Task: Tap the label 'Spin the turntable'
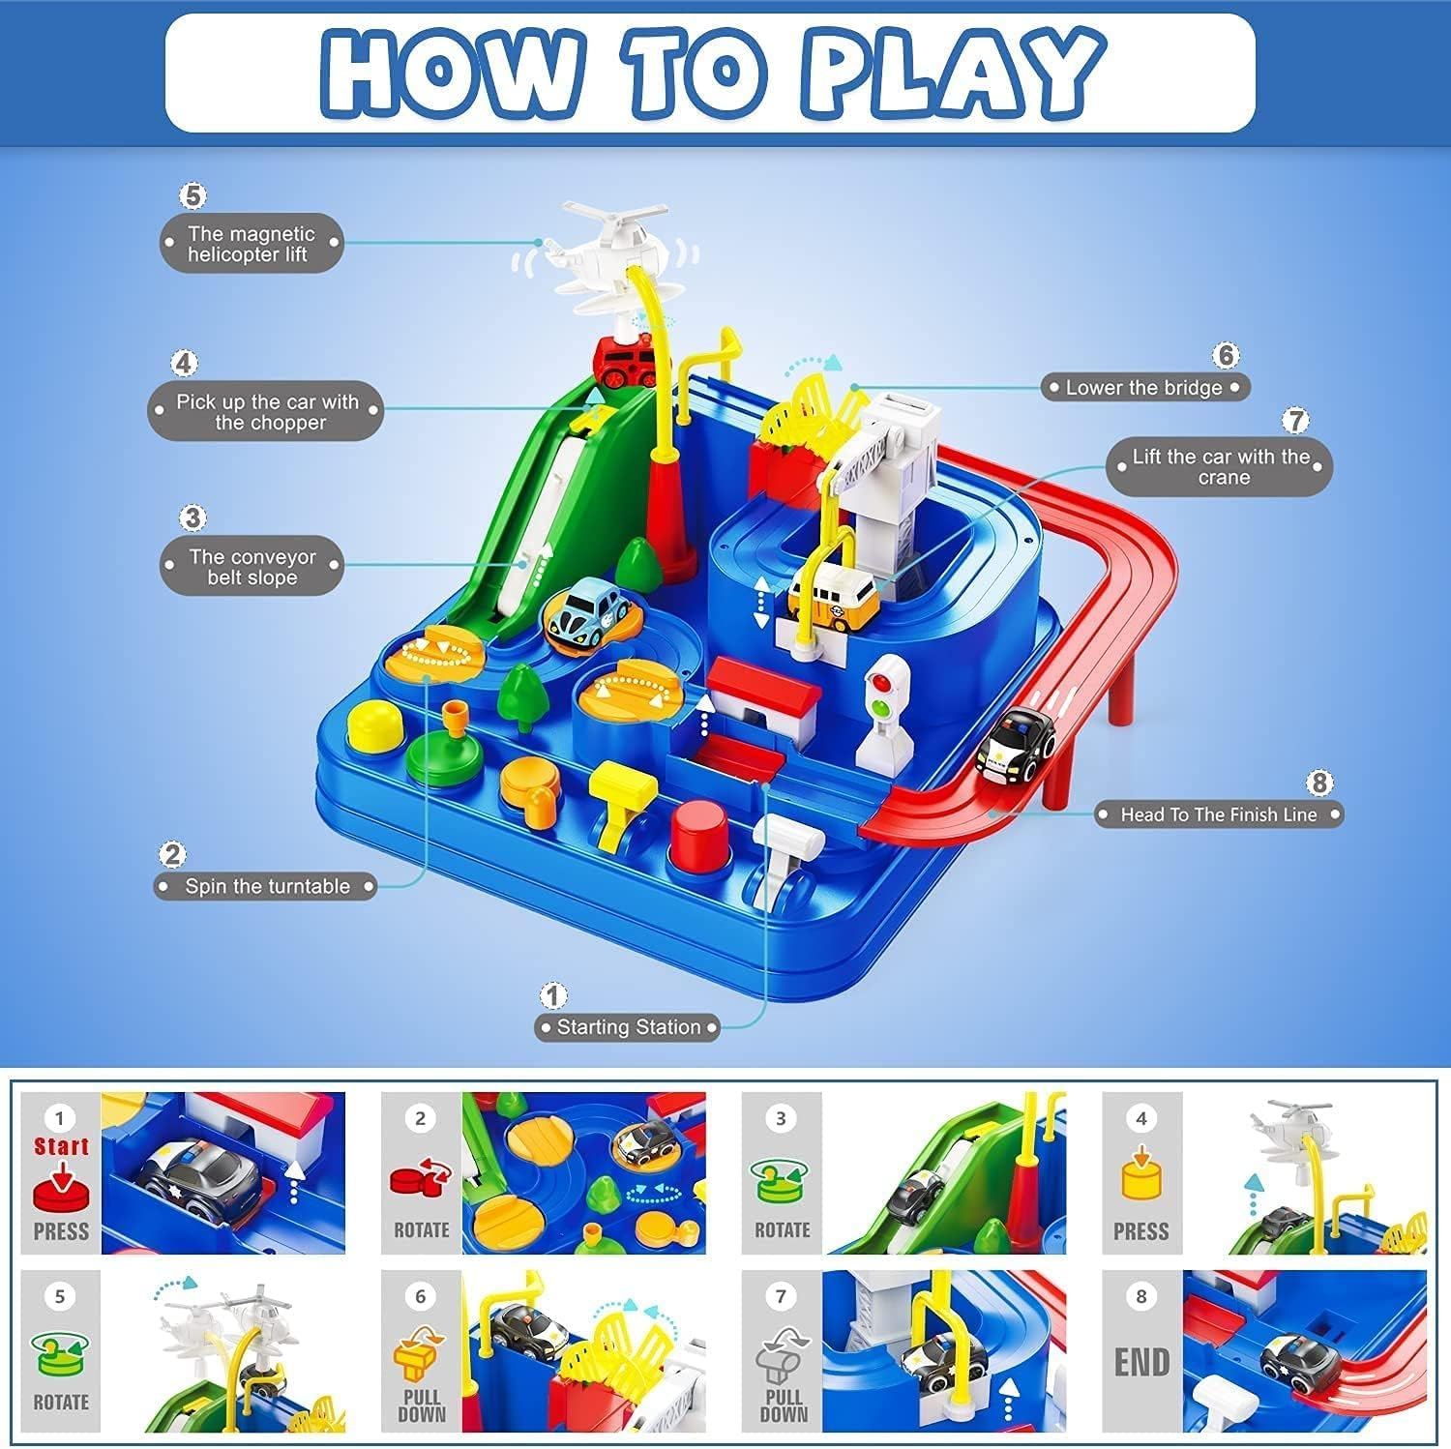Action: [x=266, y=886]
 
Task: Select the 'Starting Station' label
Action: [x=628, y=1027]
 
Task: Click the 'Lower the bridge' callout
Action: [x=1143, y=388]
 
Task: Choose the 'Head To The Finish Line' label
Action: [x=1218, y=814]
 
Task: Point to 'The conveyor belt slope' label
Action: [x=252, y=567]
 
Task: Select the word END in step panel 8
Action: [x=1141, y=1362]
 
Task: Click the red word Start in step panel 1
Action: [x=61, y=1146]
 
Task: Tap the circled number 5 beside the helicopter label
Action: [x=193, y=195]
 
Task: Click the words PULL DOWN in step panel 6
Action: [x=422, y=1406]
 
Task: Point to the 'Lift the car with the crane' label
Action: [x=1220, y=467]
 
